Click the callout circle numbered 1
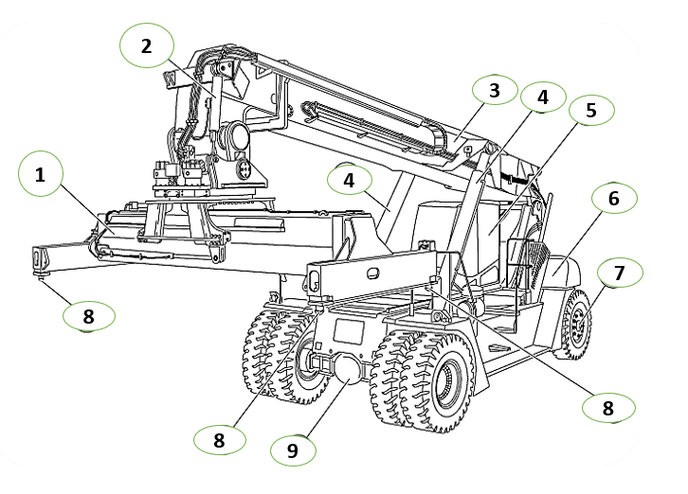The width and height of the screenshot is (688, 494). click(41, 174)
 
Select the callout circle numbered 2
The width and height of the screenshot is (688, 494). click(147, 45)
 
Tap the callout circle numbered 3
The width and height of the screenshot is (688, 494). click(495, 90)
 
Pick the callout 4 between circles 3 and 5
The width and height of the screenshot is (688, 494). click(543, 97)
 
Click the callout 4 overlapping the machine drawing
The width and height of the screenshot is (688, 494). click(350, 180)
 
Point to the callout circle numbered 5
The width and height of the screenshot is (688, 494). click(591, 110)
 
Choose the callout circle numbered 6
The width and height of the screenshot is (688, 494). click(614, 198)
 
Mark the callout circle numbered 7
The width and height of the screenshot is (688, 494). click(620, 273)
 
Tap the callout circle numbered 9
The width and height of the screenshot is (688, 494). click(293, 450)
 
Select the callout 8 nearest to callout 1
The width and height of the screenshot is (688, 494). click(89, 316)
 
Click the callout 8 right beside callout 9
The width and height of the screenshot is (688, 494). click(220, 440)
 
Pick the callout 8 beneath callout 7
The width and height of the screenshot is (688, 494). click(608, 408)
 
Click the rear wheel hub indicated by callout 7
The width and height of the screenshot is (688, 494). click(579, 324)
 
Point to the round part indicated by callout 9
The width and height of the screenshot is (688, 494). click(349, 369)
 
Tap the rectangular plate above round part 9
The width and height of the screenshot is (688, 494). click(349, 331)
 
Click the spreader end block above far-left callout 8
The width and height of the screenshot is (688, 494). click(42, 259)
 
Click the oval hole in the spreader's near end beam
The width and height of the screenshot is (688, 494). click(373, 273)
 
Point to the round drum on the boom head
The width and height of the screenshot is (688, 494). click(236, 136)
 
